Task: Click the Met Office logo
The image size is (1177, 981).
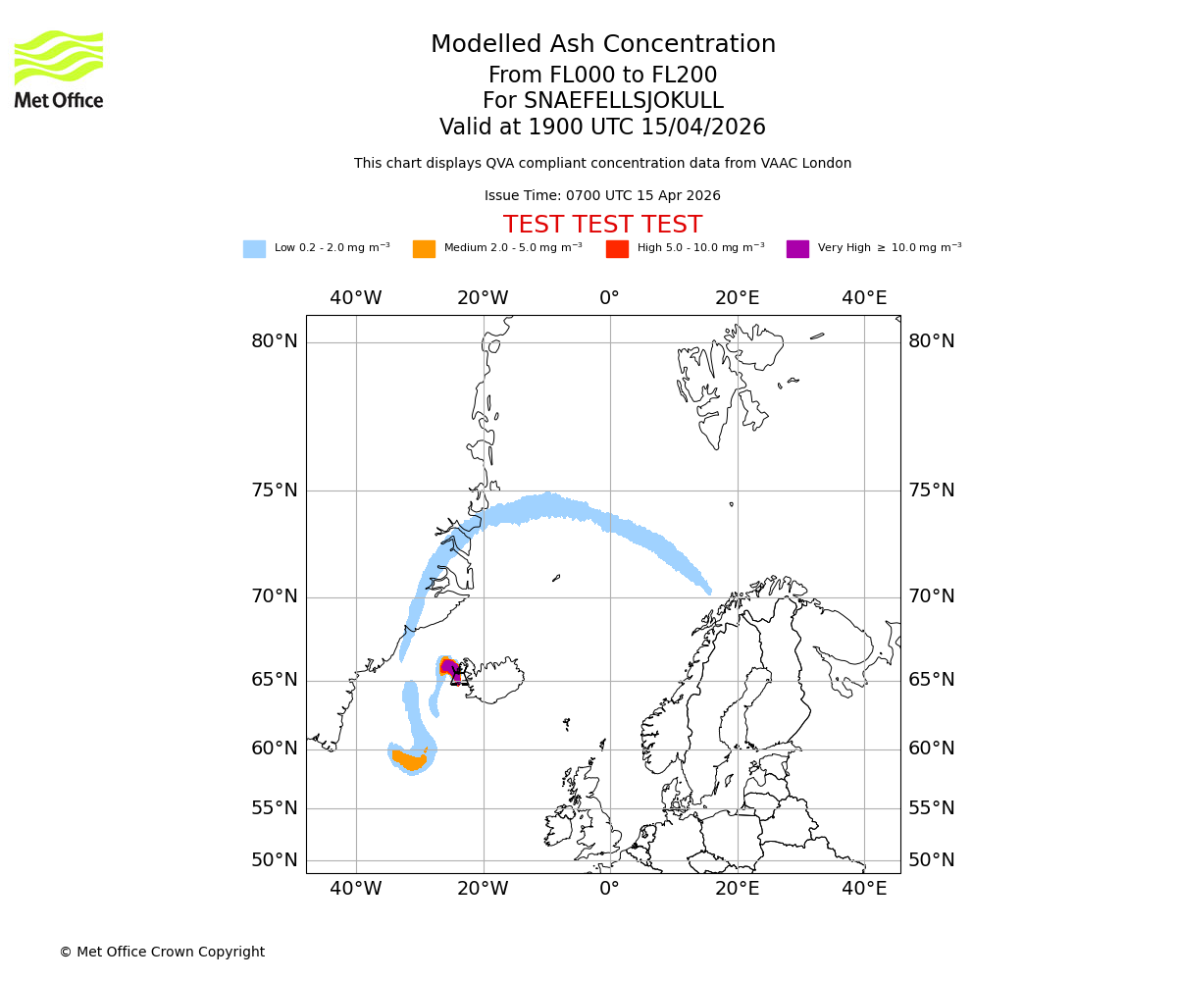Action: [x=59, y=69]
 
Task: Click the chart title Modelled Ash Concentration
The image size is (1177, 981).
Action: [x=602, y=45]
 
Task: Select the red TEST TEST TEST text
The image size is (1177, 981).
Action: [x=602, y=225]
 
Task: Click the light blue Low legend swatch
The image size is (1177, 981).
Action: [x=254, y=249]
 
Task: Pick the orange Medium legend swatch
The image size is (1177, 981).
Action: [x=424, y=249]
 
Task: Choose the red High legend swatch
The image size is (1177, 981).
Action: [x=617, y=249]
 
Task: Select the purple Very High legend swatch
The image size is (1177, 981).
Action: [x=797, y=249]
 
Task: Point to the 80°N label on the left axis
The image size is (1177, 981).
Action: [x=274, y=341]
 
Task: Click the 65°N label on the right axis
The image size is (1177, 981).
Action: [x=931, y=680]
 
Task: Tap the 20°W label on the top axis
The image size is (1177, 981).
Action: [x=483, y=298]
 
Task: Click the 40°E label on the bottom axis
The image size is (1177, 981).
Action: [x=864, y=889]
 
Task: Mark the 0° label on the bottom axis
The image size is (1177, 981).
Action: [x=609, y=889]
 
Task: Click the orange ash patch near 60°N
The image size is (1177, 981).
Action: [x=409, y=760]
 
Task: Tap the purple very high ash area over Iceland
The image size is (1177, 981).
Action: [x=450, y=668]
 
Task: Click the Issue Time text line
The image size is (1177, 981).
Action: [x=602, y=196]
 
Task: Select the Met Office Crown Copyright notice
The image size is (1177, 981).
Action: [x=162, y=952]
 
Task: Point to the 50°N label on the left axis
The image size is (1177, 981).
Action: [x=274, y=860]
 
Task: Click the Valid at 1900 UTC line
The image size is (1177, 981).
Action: [x=602, y=128]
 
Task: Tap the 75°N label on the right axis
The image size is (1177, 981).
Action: [x=931, y=490]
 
